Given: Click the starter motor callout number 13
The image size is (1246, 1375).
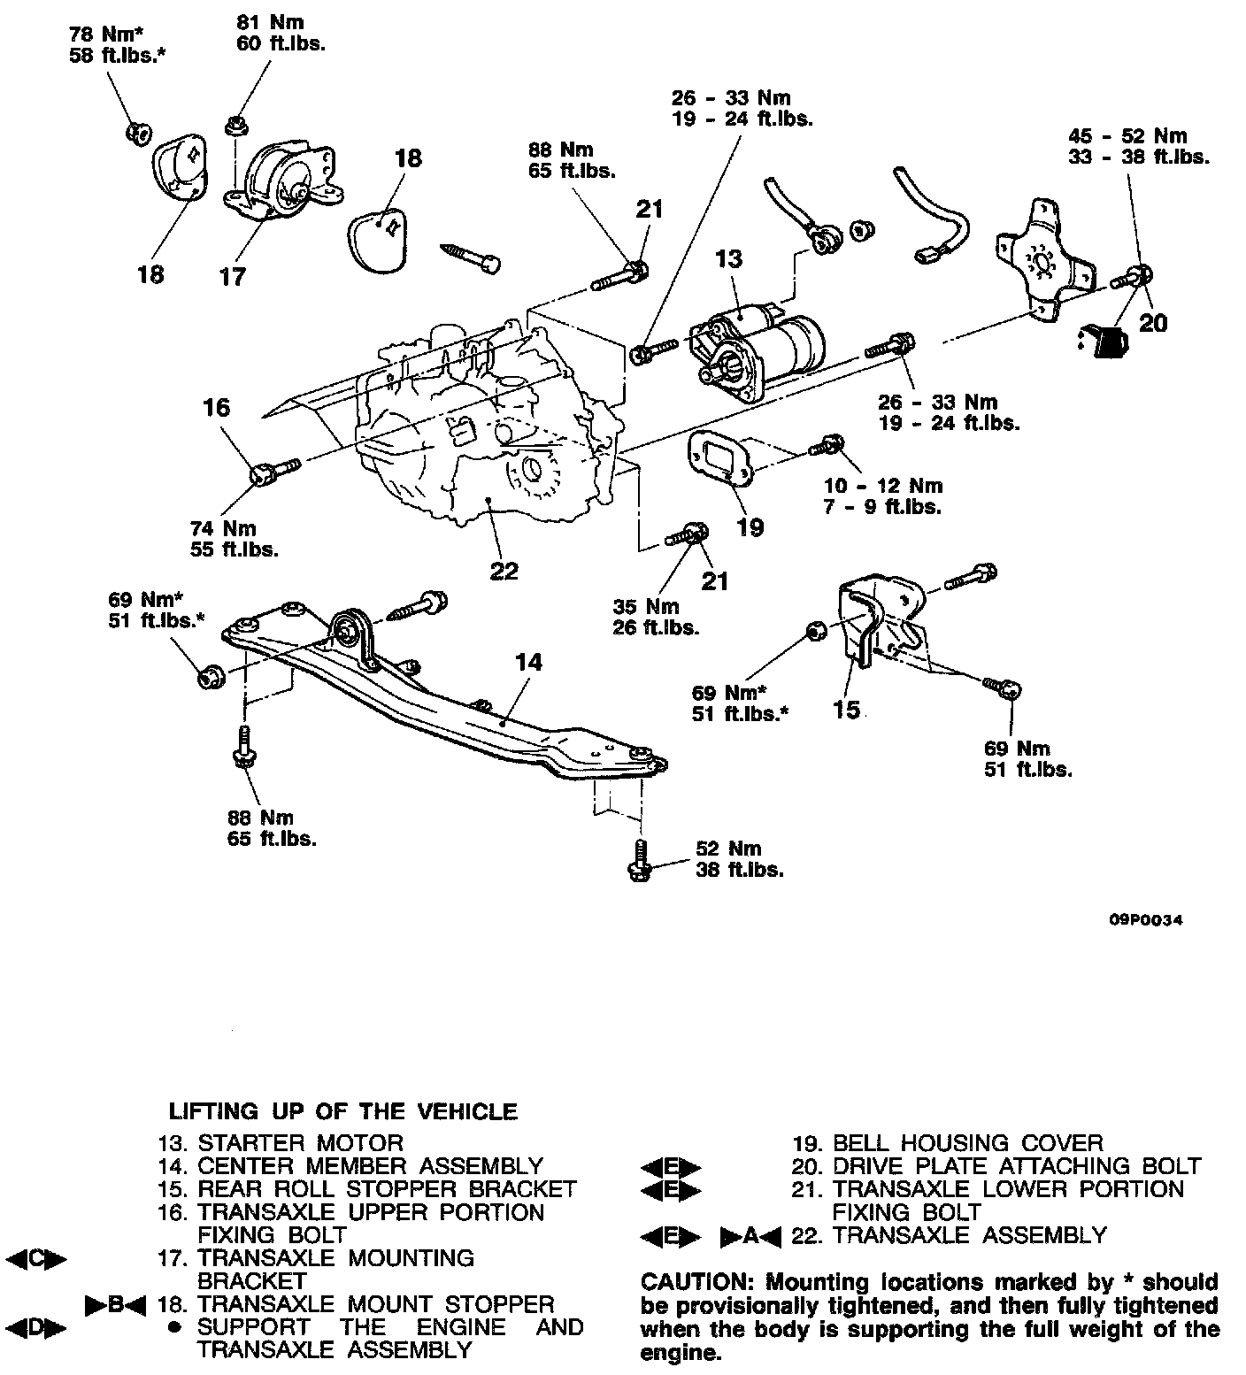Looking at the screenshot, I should (729, 259).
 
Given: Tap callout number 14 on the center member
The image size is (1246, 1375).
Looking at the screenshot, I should (528, 662).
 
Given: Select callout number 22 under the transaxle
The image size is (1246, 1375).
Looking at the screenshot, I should (504, 571).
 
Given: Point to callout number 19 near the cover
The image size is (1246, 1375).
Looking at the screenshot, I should (750, 527).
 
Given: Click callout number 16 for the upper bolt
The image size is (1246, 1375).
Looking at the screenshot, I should (216, 408).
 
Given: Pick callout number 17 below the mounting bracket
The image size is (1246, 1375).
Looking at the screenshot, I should (232, 277).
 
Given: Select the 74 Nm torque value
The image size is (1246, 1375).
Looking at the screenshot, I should (222, 528).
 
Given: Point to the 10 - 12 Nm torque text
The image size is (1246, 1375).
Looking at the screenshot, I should (883, 486).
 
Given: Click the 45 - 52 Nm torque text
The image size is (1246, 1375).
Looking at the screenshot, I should (1127, 136).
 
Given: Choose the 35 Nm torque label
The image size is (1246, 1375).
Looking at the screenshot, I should (646, 606).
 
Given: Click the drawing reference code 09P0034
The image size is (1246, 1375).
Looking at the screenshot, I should (1146, 920).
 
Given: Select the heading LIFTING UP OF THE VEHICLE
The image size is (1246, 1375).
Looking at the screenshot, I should (342, 1111).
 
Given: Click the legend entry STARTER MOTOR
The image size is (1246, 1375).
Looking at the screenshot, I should (300, 1143).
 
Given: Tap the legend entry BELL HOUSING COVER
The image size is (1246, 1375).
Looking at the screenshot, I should (968, 1143).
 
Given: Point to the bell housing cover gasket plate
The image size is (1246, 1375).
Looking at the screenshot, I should (720, 457).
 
